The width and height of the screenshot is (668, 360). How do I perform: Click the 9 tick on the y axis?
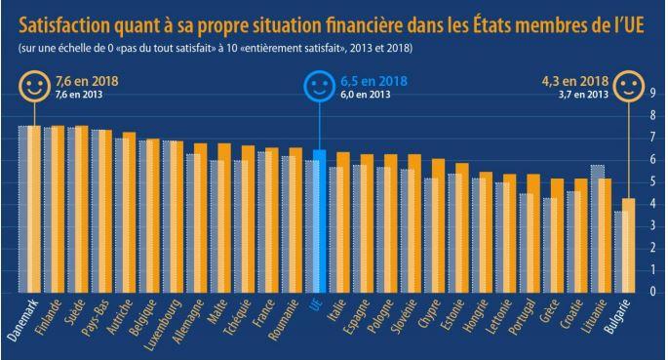coord(653,94)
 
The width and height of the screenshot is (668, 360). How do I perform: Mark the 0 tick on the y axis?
coord(653,293)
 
